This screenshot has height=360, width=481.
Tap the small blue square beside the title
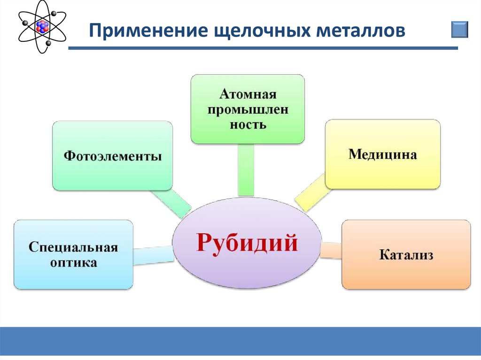[x=460, y=29]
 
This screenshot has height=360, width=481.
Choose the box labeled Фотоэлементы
[x=112, y=156]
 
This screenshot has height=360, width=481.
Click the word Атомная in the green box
[x=248, y=94]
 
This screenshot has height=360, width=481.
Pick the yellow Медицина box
[x=383, y=154]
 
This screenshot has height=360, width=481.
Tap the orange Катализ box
[x=406, y=255]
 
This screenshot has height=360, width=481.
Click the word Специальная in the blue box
[x=73, y=247]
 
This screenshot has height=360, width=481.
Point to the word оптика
[x=73, y=262]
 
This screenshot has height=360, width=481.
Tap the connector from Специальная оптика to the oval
[x=153, y=254]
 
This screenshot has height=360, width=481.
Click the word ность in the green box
[x=248, y=125]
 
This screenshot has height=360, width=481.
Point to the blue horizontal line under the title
[x=263, y=48]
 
